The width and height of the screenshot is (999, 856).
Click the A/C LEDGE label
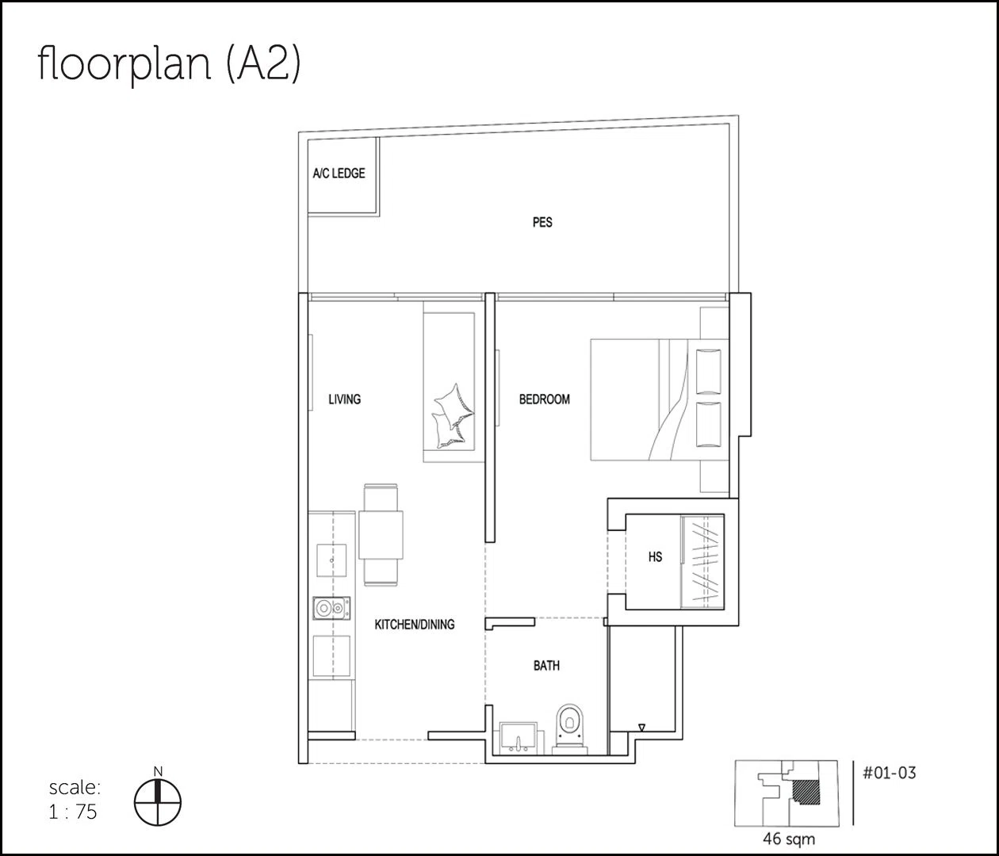(x=339, y=173)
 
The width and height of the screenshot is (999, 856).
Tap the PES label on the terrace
(x=542, y=222)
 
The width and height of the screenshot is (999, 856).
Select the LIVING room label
(x=345, y=399)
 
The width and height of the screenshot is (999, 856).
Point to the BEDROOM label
(x=544, y=399)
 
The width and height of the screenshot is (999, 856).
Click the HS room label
(x=655, y=557)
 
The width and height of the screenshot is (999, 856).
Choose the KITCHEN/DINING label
(x=415, y=624)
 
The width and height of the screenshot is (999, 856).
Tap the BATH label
(x=546, y=666)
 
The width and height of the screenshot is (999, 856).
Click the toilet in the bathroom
(x=570, y=729)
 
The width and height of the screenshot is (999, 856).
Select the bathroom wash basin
(x=518, y=738)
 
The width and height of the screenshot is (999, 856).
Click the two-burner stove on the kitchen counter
(x=331, y=608)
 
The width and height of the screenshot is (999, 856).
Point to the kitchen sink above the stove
(x=331, y=560)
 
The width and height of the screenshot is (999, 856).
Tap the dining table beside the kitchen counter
(x=381, y=535)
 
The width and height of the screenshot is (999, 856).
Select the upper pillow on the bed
(x=709, y=370)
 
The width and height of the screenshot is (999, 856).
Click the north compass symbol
(x=158, y=802)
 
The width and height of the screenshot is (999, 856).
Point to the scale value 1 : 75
(x=73, y=812)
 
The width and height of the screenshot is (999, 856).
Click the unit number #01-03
(x=890, y=773)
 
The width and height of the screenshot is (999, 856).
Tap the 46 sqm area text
(x=789, y=839)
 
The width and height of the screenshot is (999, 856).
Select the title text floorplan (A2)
(x=169, y=64)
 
